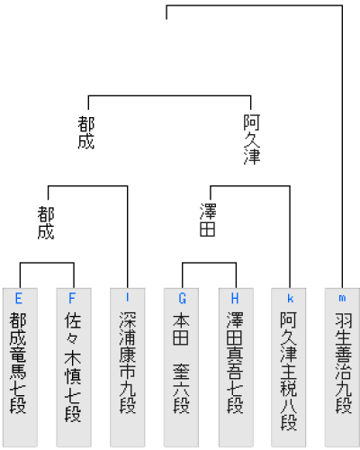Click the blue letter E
pyautogui.click(x=19, y=299)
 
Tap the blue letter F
pyautogui.click(x=72, y=299)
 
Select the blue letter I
pyautogui.click(x=128, y=297)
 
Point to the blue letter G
pyautogui.click(x=182, y=299)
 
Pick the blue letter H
pyautogui.click(x=235, y=299)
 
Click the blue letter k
pyautogui.click(x=290, y=299)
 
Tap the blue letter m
pyautogui.click(x=342, y=298)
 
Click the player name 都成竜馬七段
pyautogui.click(x=18, y=363)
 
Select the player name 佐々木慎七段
pyautogui.click(x=73, y=367)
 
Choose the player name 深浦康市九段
pyautogui.click(x=128, y=363)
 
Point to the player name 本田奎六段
pyautogui.click(x=181, y=363)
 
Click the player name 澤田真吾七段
pyautogui.click(x=235, y=363)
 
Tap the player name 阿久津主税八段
pyautogui.click(x=289, y=371)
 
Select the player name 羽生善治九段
pyautogui.click(x=343, y=363)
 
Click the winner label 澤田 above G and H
pyautogui.click(x=208, y=220)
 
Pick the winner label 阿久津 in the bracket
pyautogui.click(x=251, y=139)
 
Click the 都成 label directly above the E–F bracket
pyautogui.click(x=46, y=222)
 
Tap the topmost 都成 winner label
pyautogui.click(x=86, y=132)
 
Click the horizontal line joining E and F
pyautogui.click(x=47, y=263)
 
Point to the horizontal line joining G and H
pyautogui.click(x=210, y=263)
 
